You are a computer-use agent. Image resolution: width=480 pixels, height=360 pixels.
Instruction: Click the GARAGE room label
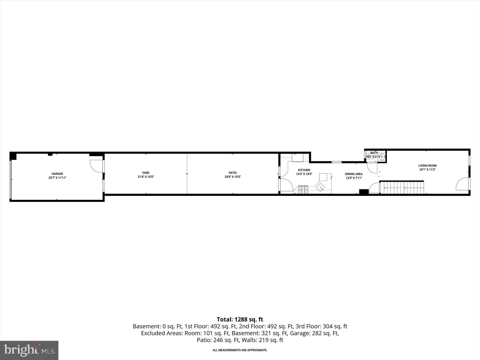point(57,174)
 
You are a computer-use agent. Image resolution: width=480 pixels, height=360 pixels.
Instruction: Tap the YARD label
point(146,173)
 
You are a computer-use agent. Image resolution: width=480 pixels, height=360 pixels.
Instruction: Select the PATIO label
point(233,173)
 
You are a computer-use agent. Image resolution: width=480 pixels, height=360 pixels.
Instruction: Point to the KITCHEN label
point(304,170)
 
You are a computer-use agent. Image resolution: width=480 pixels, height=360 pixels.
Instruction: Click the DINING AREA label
point(354,174)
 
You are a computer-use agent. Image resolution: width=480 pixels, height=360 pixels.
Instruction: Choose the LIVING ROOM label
point(427,166)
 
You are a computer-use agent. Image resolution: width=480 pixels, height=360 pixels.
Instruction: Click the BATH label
point(374,153)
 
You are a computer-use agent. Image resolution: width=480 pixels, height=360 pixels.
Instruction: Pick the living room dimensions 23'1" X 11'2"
point(427,170)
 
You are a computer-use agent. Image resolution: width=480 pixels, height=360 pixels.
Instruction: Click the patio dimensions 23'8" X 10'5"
point(233,177)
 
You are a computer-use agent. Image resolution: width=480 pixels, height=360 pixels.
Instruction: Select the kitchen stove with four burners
point(303,189)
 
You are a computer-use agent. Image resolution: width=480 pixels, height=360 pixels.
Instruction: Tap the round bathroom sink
point(382,157)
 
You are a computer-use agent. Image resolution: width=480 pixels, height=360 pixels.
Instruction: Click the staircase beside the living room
point(401,188)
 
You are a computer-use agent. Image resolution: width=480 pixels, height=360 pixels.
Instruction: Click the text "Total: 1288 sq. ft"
point(240,319)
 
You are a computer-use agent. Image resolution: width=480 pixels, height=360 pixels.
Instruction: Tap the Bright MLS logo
point(29,350)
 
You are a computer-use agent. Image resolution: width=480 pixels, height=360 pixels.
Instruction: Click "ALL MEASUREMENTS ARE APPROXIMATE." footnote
point(240,350)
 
